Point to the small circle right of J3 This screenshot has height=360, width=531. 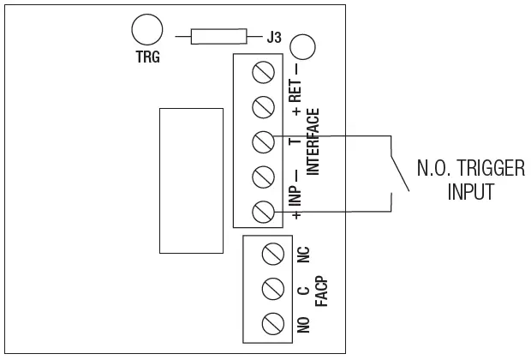pos(302,48)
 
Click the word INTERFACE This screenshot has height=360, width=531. pos(313,142)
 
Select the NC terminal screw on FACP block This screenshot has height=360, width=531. pos(273,254)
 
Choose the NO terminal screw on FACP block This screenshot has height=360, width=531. pos(273,324)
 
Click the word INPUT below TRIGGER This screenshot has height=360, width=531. pos(470,191)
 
